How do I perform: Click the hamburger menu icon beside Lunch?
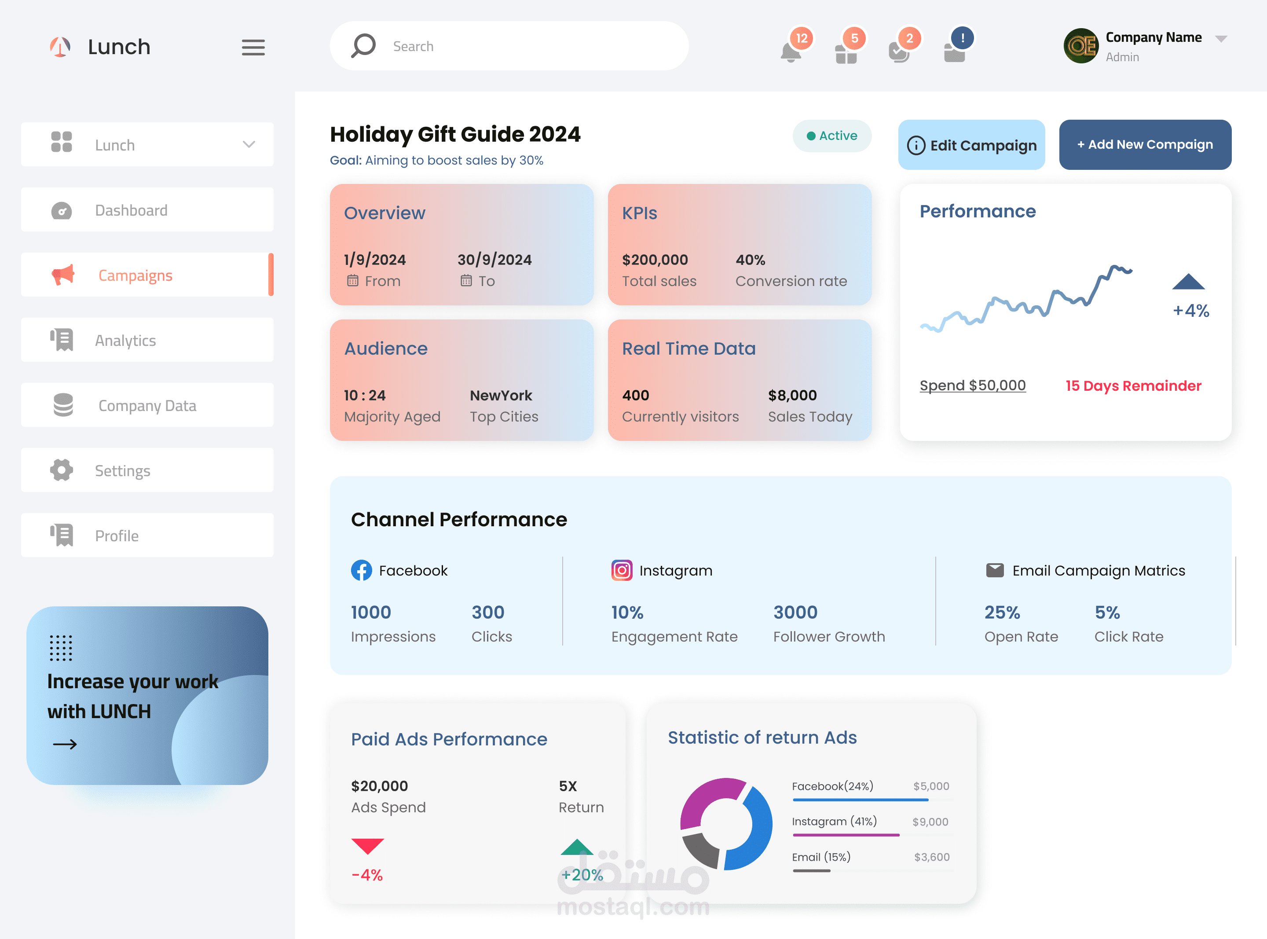click(253, 47)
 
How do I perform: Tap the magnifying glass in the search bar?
click(363, 45)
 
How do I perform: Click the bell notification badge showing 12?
click(801, 39)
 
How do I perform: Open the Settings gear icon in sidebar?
click(61, 470)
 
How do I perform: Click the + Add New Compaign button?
click(1145, 144)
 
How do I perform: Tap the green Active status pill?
click(832, 136)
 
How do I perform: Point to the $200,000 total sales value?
click(655, 260)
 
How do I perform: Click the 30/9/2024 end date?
click(494, 260)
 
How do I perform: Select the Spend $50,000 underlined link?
click(972, 385)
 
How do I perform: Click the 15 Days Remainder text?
click(1133, 386)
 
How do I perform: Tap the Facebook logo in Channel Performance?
click(361, 570)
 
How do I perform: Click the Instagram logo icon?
click(622, 570)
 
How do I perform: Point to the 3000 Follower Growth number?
click(795, 612)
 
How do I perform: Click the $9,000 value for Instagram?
click(930, 822)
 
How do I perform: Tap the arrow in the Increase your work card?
click(65, 744)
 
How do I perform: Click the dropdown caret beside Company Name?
click(1221, 39)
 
